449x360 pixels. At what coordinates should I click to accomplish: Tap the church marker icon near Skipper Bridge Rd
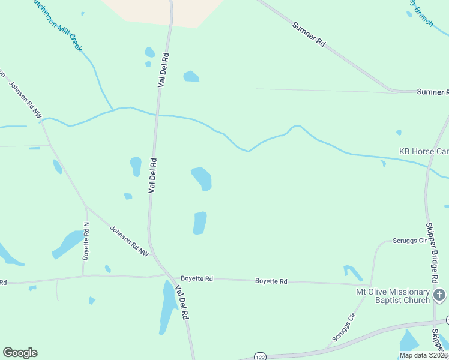[x=439, y=295]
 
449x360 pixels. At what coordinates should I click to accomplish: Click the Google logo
[x=20, y=353]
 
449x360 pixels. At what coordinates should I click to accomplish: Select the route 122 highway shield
[x=259, y=355]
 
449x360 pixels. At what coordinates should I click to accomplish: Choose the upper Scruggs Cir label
[x=409, y=241]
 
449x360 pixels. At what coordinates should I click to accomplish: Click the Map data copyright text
[x=423, y=355]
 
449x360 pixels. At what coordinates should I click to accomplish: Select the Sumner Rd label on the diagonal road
[x=309, y=35]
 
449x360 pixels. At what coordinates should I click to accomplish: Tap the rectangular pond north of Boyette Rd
[x=200, y=223]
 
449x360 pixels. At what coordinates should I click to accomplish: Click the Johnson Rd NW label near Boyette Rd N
[x=129, y=241]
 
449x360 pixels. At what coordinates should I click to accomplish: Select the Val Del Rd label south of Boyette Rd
[x=182, y=303]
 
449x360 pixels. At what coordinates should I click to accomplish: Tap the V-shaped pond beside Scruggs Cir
[x=353, y=273]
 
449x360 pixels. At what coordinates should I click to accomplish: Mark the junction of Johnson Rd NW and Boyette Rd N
[x=86, y=207]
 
